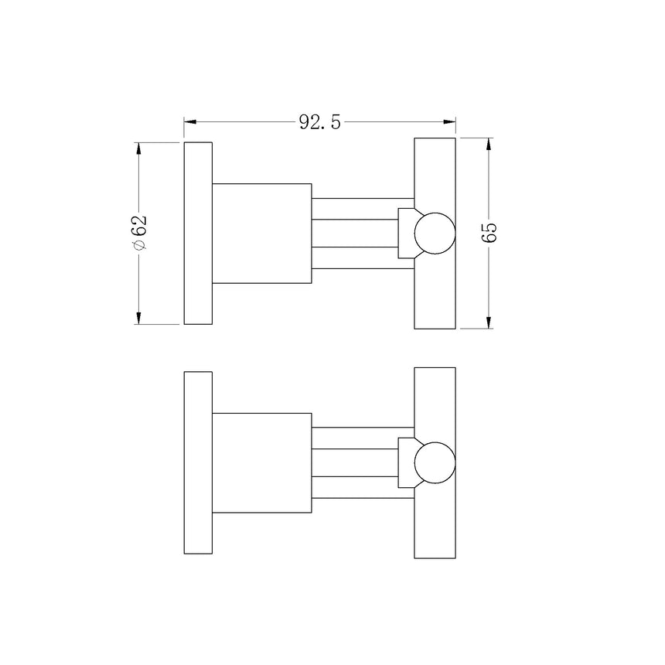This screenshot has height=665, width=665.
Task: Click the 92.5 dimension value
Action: pos(320,122)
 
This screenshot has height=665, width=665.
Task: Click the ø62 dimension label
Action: pos(140,232)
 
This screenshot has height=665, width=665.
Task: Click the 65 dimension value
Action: pos(489,232)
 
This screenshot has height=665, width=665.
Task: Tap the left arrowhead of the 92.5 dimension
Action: pos(190,121)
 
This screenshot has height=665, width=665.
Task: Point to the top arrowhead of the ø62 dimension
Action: pos(139,148)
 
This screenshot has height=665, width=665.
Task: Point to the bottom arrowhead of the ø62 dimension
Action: pos(139,318)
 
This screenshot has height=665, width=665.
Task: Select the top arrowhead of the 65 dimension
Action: pos(489,144)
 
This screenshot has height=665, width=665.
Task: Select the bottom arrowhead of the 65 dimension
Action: pos(489,322)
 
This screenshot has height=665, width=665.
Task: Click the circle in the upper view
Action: pos(435,234)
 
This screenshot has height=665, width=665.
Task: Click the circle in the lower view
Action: pos(435,463)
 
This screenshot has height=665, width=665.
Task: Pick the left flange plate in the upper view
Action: pos(198,233)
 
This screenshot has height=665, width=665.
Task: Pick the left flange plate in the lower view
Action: pos(198,462)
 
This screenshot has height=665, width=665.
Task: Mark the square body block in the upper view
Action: pos(261,234)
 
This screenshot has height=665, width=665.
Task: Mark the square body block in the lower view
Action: pos(261,463)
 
